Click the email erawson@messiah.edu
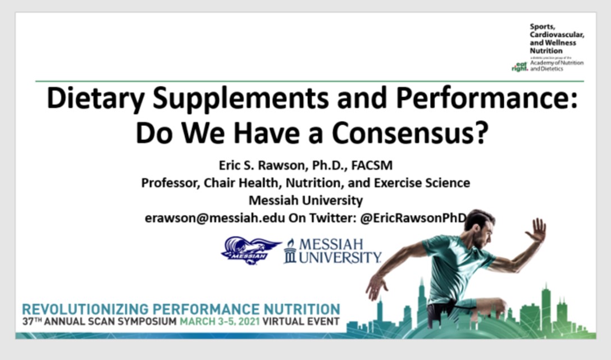(x=215, y=217)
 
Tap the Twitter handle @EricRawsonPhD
(x=414, y=217)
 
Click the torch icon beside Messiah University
(x=290, y=251)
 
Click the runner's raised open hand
(x=537, y=230)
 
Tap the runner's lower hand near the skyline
(x=375, y=287)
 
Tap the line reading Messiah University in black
(x=305, y=200)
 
